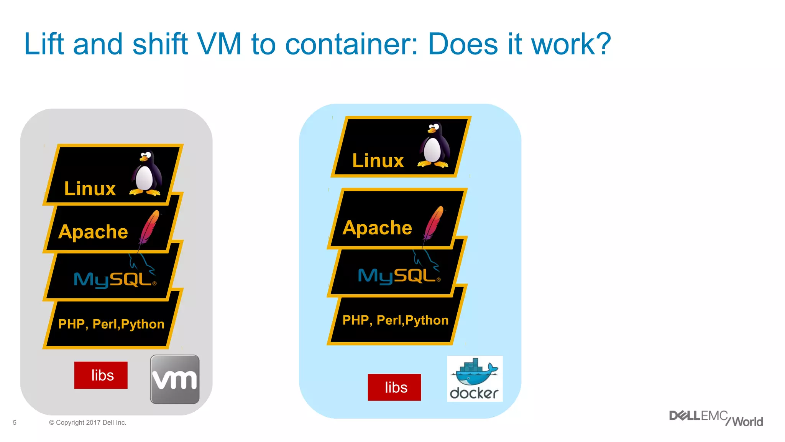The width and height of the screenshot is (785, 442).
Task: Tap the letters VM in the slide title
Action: point(219,44)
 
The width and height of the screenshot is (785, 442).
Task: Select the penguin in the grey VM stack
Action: point(146,173)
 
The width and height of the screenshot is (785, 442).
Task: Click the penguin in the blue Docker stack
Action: point(434,146)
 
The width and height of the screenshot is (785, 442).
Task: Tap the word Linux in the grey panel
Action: point(90,189)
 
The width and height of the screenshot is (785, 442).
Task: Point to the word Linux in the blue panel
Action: point(378,160)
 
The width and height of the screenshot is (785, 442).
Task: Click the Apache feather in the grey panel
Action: point(149,227)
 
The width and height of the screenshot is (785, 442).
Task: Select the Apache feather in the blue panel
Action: point(434,223)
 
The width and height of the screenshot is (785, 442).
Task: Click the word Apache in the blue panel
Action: point(377,228)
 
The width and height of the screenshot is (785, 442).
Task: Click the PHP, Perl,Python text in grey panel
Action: point(111,324)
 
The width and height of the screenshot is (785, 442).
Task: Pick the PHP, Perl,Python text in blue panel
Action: point(395,320)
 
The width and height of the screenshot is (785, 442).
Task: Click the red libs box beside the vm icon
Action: point(101,375)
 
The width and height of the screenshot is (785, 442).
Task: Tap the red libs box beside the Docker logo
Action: point(394,388)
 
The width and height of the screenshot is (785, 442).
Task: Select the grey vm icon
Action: point(175,379)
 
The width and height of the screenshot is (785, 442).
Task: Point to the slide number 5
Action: point(15,422)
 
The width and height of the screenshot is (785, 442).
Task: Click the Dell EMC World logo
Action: point(716,419)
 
